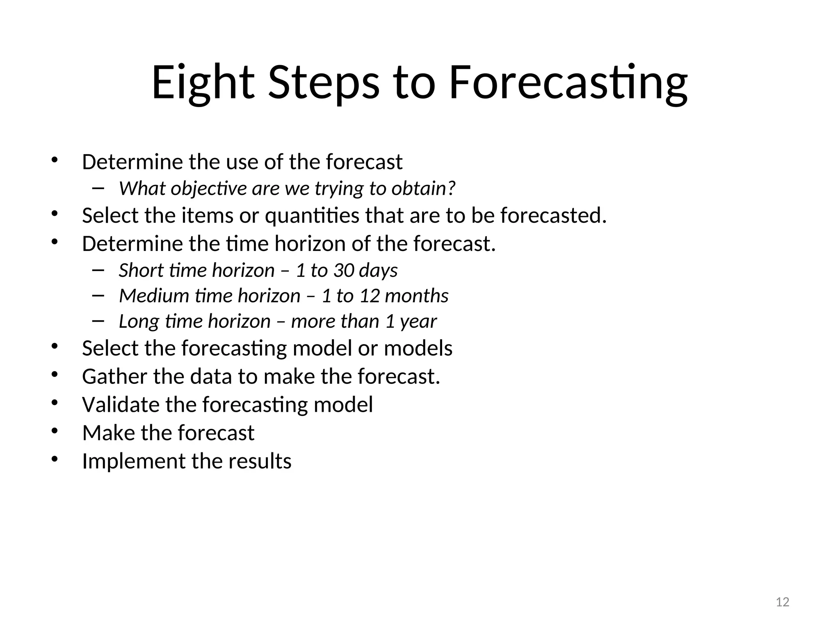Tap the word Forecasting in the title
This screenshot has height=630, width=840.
click(568, 83)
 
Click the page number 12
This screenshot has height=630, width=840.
click(783, 602)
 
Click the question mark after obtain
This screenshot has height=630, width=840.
click(451, 188)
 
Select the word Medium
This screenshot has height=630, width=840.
click(153, 296)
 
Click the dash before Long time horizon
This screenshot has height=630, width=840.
click(98, 321)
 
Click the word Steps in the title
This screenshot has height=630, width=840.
click(324, 83)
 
